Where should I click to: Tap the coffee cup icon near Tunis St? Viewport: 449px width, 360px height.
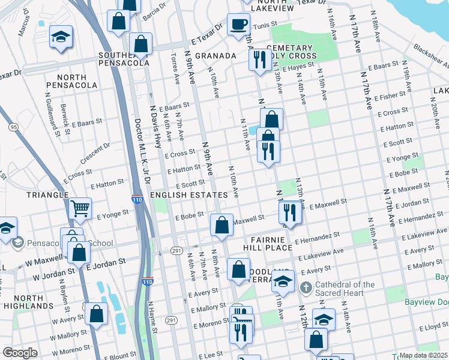(x=239, y=25)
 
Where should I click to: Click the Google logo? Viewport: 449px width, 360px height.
(x=20, y=352)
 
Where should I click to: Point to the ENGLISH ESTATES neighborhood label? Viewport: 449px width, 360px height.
(x=189, y=195)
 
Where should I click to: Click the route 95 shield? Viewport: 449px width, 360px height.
(x=13, y=127)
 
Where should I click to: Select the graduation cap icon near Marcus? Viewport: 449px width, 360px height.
(x=61, y=37)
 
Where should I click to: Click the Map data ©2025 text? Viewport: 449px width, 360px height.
(x=424, y=355)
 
